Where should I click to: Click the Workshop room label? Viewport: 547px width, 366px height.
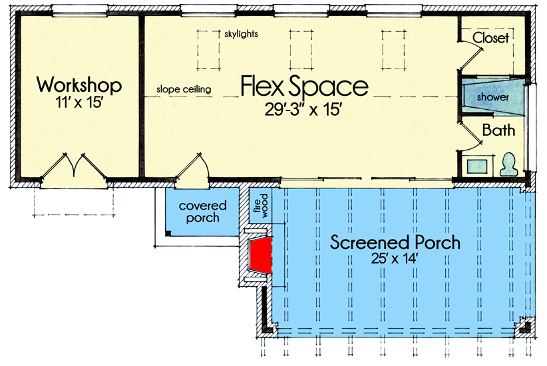coord(79,85)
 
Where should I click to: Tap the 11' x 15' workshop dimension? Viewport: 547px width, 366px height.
coord(79,104)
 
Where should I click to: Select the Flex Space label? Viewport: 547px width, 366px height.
coord(303,87)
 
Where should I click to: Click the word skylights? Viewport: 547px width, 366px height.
coord(242,33)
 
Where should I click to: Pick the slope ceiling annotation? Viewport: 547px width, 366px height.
coord(184,89)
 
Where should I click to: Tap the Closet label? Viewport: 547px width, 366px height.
coord(491,38)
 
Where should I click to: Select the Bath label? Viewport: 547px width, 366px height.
coord(498,130)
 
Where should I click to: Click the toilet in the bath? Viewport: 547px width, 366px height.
coord(509,164)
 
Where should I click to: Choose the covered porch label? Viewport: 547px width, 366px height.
coord(203,212)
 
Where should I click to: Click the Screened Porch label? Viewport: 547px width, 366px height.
coord(395,242)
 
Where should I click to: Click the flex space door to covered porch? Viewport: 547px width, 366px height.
coord(193,168)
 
